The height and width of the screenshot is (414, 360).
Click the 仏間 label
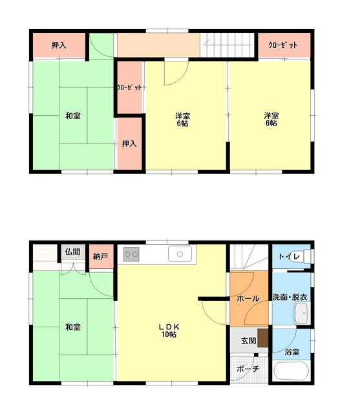click(72, 252)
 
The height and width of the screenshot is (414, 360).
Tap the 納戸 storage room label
click(100, 256)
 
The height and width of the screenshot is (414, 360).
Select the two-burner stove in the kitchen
click(131, 254)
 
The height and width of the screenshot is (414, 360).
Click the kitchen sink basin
click(180, 254)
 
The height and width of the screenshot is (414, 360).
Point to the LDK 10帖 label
click(169, 331)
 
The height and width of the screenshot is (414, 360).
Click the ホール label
click(248, 299)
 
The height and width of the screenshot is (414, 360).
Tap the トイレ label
click(290, 256)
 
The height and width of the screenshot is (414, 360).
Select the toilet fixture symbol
click(308, 256)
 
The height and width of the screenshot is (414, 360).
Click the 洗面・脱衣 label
click(290, 298)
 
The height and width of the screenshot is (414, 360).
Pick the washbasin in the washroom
click(301, 313)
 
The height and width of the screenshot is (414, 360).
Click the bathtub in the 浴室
click(291, 371)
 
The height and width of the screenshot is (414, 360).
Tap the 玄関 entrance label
click(248, 341)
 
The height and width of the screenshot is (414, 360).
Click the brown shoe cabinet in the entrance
click(262, 338)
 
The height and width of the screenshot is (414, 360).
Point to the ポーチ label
click(248, 369)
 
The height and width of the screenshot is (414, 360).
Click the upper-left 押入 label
click(59, 45)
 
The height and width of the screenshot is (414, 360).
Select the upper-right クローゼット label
click(282, 45)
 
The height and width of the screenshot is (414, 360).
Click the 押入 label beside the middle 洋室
click(129, 144)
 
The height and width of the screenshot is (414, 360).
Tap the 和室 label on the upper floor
click(73, 116)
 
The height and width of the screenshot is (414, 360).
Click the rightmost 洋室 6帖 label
click(271, 119)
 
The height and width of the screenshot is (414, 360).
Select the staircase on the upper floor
click(227, 45)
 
